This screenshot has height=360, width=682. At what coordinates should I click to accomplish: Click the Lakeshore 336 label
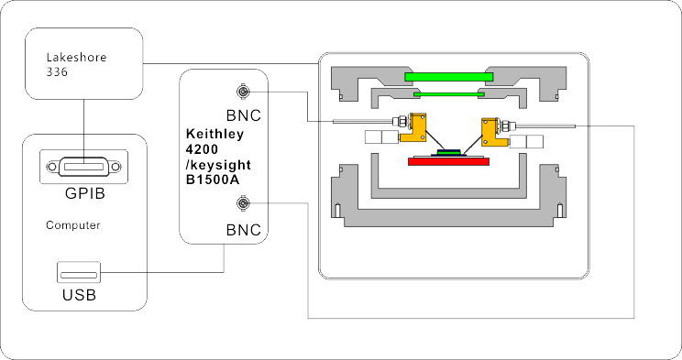pyautogui.click(x=76, y=64)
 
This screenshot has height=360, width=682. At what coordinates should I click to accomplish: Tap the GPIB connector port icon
pyautogui.click(x=83, y=167)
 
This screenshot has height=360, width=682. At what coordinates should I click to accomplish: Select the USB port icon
pyautogui.click(x=79, y=273)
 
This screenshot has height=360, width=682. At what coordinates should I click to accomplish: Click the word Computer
pyautogui.click(x=73, y=225)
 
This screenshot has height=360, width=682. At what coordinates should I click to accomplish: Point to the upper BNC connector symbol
pyautogui.click(x=243, y=92)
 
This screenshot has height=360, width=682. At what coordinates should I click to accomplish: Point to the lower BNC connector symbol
pyautogui.click(x=243, y=203)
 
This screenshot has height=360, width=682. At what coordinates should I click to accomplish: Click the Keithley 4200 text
pyautogui.click(x=214, y=141)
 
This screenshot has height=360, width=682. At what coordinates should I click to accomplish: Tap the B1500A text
pyautogui.click(x=213, y=180)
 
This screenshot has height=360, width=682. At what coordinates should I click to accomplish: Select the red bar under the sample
pyautogui.click(x=448, y=162)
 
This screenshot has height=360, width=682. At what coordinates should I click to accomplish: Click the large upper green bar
pyautogui.click(x=449, y=77)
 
